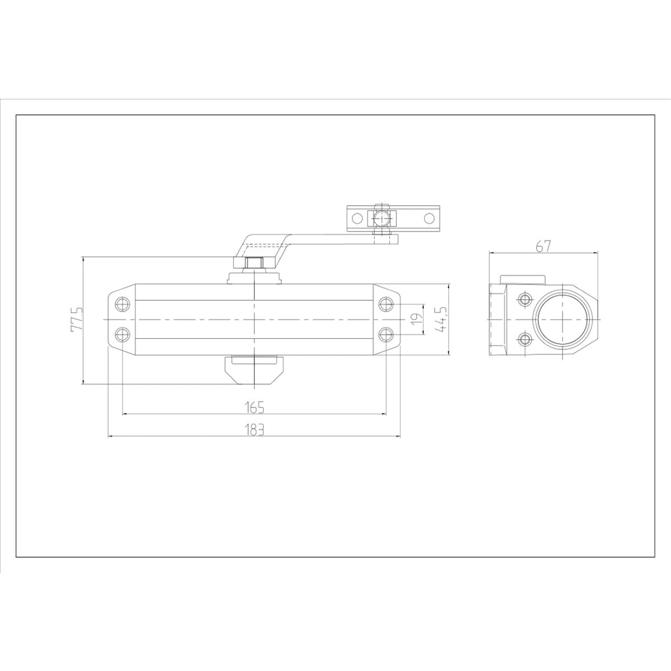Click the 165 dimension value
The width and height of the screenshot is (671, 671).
tap(254, 407)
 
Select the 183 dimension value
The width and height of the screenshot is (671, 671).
tap(254, 429)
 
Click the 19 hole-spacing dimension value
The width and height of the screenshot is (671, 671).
tap(416, 318)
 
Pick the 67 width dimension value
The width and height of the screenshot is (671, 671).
tap(544, 247)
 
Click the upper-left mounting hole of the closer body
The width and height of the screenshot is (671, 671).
tap(122, 304)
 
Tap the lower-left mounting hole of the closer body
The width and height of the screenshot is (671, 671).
tap(122, 335)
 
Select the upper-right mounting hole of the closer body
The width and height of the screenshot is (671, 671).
tap(386, 304)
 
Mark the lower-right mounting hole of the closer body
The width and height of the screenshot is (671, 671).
tap(386, 335)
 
